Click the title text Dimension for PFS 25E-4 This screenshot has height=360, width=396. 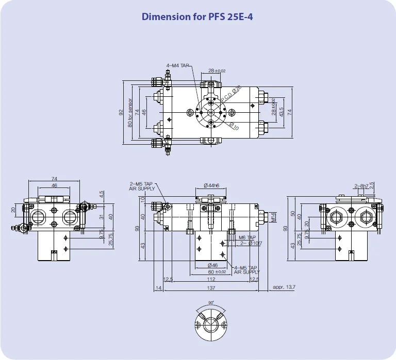[197, 16]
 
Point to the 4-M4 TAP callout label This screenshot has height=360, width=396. [178, 66]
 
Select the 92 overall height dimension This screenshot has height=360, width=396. [121, 111]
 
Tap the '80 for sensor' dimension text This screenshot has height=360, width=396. [130, 111]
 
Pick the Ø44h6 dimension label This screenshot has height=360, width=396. [211, 185]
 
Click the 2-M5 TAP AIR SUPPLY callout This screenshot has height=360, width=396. [142, 186]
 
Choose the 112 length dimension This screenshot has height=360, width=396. [211, 280]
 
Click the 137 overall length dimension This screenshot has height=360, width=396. [211, 288]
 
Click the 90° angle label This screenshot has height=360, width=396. [210, 303]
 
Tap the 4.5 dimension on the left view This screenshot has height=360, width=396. [102, 195]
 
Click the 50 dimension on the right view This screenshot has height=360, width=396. [293, 213]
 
